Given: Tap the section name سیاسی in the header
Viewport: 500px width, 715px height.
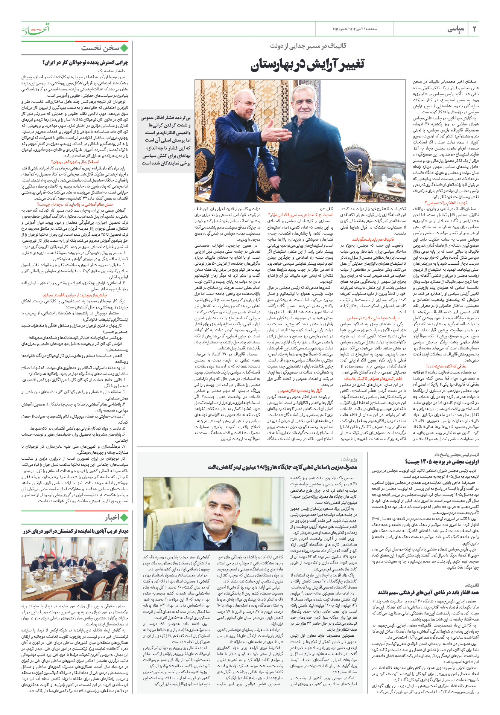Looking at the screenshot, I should (x=456, y=29).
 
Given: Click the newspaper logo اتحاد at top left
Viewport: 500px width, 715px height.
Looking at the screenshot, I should (x=35, y=29).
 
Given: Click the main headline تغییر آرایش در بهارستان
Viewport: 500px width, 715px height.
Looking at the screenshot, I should (x=307, y=65).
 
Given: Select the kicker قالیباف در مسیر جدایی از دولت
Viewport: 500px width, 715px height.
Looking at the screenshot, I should (x=308, y=46).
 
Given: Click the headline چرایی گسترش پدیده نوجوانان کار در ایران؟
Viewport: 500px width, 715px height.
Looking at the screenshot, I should (x=85, y=63).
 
